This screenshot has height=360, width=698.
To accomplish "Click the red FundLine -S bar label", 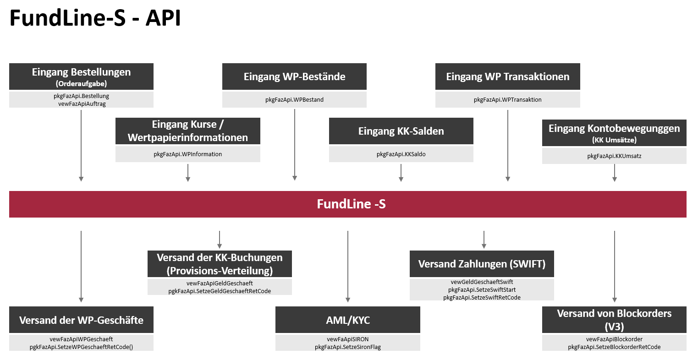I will [x=351, y=204].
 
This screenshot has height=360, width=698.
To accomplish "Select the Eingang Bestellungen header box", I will [x=81, y=76].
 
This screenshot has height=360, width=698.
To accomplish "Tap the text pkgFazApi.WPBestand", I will [x=294, y=99].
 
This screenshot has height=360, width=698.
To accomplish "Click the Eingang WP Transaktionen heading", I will [x=507, y=76].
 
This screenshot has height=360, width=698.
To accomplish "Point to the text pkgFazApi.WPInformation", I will [x=187, y=154].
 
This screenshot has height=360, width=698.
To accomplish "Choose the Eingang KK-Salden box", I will [x=401, y=131].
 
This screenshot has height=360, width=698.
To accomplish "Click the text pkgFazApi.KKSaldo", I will [x=401, y=154].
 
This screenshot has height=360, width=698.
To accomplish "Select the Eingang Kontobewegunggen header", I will [x=614, y=133].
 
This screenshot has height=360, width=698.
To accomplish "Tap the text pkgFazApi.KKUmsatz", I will [x=614, y=156].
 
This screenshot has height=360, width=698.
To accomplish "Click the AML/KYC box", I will [x=347, y=320].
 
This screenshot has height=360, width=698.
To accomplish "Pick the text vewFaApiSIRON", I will [x=347, y=339].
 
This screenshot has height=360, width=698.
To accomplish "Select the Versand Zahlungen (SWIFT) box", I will [x=482, y=264].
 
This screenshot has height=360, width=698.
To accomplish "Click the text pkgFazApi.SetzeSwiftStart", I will [x=482, y=290].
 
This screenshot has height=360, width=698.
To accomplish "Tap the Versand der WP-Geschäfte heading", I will [x=81, y=320].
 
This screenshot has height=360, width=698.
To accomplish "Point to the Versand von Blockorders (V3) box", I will [x=614, y=320].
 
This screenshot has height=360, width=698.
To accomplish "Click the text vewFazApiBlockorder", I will [x=614, y=339].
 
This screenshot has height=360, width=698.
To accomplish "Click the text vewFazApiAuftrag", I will [x=81, y=104].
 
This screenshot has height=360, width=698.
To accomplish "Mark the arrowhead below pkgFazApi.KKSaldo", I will [x=401, y=180].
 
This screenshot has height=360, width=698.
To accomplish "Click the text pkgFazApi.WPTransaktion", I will [x=507, y=99].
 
